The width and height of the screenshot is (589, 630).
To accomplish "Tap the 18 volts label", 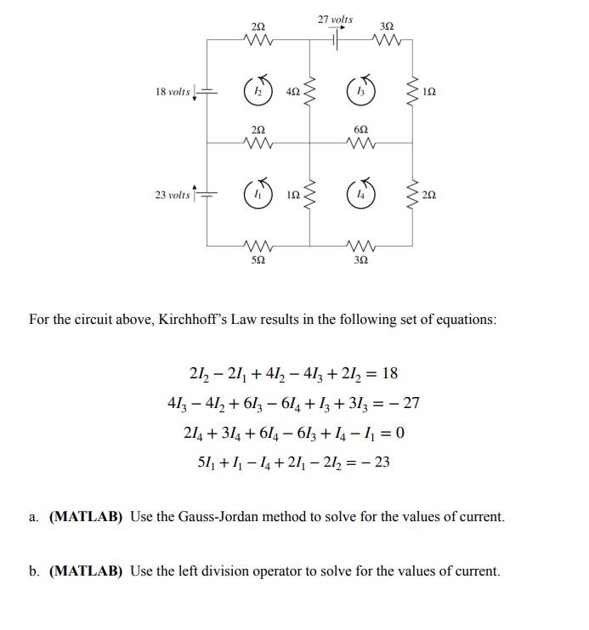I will coord(173,92).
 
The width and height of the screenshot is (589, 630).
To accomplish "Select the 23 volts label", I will coord(173,196).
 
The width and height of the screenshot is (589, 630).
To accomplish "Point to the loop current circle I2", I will coord(258,92).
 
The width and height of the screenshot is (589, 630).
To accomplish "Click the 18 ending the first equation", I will coord(389,374).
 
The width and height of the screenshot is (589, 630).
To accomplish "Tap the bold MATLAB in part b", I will coord(88,571).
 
